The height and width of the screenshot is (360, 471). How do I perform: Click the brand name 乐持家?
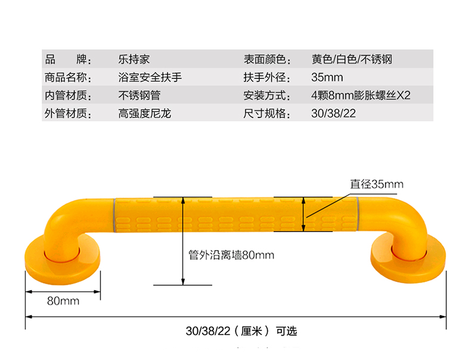134,60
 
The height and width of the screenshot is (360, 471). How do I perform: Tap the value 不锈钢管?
140,95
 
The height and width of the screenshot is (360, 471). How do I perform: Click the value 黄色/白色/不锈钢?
352,60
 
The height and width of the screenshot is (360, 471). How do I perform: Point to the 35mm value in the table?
327,77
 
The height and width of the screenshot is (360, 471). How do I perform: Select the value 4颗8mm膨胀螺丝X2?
361,95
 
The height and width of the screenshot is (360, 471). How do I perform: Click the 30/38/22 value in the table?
333,113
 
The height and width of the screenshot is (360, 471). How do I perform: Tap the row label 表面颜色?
267,60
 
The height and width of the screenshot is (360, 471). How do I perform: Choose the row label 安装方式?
267,95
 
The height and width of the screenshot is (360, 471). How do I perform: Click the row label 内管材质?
67,95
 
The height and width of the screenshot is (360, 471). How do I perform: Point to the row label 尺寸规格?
267,113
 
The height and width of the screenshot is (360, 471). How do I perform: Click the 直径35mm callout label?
377,184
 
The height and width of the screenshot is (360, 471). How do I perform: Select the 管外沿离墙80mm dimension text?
231,256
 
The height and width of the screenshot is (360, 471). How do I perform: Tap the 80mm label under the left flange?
63,301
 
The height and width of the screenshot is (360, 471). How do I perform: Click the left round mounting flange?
63,257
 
